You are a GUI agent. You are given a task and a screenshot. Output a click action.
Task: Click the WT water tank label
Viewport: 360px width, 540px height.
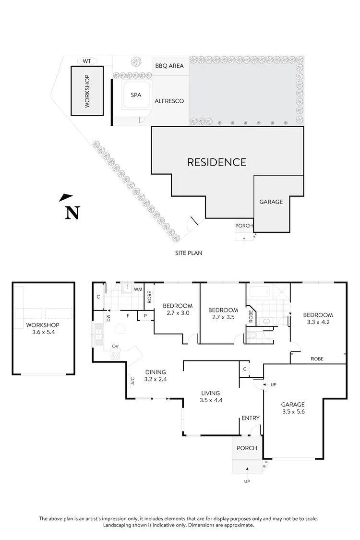[x=87, y=61]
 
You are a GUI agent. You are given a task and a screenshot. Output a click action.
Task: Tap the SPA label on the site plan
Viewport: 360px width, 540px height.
[x=136, y=95]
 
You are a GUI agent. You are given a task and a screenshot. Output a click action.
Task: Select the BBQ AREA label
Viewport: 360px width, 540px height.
[x=169, y=66]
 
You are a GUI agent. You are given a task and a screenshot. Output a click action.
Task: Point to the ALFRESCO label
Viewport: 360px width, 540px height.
[x=169, y=101]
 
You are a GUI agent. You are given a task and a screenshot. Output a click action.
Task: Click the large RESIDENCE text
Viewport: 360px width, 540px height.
[x=216, y=162]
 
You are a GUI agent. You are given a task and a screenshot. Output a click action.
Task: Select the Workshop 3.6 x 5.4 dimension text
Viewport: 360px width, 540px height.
[x=43, y=332]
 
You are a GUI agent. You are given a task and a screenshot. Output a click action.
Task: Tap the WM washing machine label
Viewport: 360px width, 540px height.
[x=138, y=289]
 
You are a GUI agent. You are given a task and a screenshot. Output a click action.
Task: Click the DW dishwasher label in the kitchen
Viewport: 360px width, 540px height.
[x=108, y=318]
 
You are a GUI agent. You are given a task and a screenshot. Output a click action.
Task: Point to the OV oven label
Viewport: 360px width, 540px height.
[x=115, y=346]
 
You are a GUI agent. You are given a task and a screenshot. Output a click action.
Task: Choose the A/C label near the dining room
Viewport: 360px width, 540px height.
[x=132, y=381]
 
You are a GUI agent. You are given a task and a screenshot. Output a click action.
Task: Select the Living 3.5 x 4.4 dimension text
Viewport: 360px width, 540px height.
[x=211, y=400]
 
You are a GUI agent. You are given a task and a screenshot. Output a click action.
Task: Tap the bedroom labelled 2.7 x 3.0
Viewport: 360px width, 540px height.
[x=178, y=312]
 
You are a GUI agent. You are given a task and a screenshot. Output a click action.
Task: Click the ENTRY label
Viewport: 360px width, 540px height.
[x=251, y=418]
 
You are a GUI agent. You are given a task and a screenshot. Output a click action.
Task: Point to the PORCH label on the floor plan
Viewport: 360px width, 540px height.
[x=247, y=448]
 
